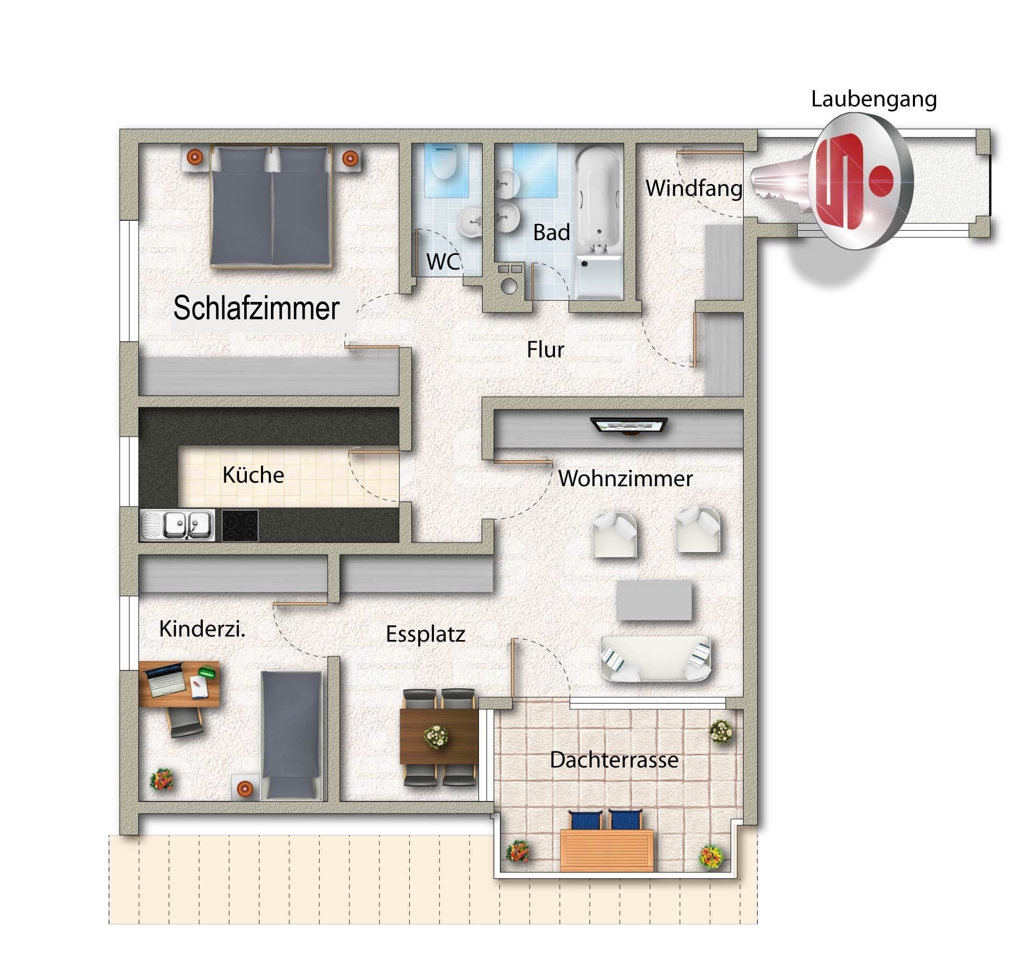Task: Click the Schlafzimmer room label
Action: point(256,308)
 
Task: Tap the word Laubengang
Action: point(874,100)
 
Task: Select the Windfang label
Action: point(694,188)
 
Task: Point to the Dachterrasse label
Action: point(614,760)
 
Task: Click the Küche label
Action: point(253,475)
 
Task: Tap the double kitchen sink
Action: point(178,525)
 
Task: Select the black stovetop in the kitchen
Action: point(240,525)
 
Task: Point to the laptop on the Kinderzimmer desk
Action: point(166,679)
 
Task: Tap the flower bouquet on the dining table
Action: point(436,737)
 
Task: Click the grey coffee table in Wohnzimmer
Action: point(654,600)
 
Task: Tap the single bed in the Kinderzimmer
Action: point(291,736)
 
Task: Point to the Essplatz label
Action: point(426,634)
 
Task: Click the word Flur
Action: point(546,350)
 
